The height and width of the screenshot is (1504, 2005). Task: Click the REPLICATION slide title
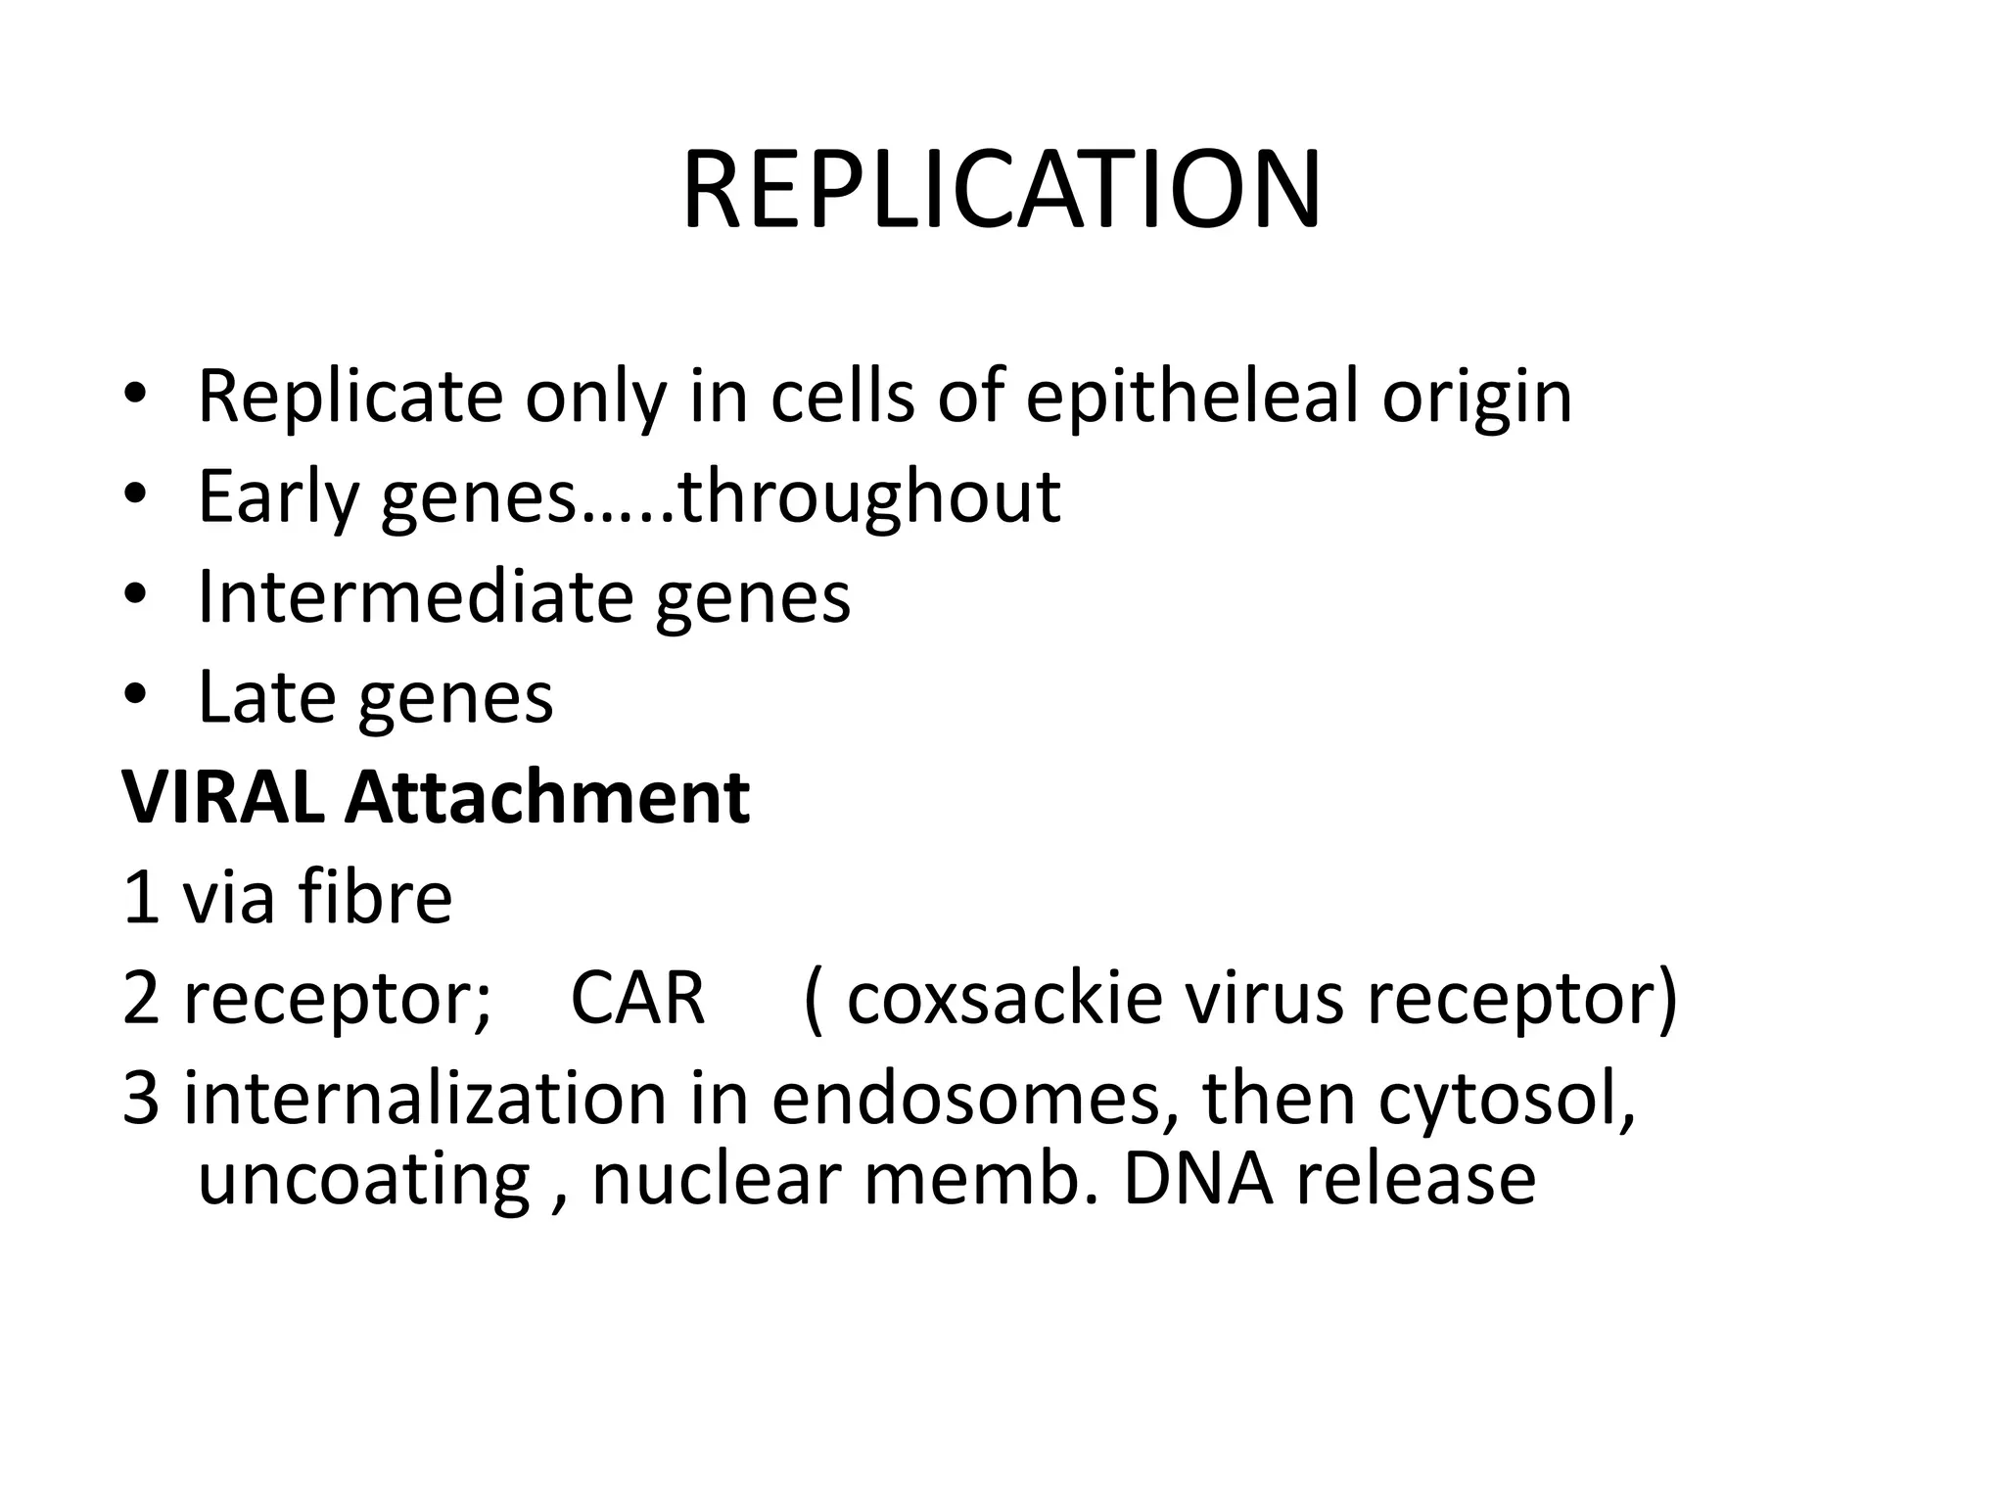[x=1002, y=190]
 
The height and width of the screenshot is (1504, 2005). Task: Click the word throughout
[x=869, y=496]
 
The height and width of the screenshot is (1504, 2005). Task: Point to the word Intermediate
[x=415, y=596]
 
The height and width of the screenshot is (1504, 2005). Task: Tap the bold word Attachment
[x=547, y=797]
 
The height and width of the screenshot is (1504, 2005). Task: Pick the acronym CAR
[x=637, y=998]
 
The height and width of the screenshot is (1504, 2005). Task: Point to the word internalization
[x=425, y=1098]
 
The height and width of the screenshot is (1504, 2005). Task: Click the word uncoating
[x=364, y=1181]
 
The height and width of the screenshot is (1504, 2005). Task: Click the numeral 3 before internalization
[x=141, y=1098]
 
